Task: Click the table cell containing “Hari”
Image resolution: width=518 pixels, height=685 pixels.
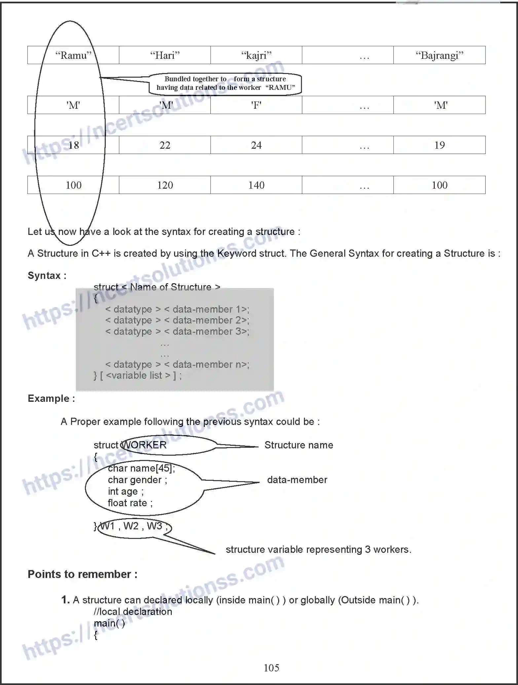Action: (165, 55)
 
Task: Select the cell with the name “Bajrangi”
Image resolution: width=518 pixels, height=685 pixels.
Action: (439, 55)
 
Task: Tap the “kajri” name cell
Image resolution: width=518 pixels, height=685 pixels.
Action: (256, 55)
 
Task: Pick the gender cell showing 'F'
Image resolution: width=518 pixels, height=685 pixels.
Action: (256, 105)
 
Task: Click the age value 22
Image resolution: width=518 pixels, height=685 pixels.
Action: (165, 145)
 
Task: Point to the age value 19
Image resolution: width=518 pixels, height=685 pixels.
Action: (439, 145)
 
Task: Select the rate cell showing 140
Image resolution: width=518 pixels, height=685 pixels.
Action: (256, 185)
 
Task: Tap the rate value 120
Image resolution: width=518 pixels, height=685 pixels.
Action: (165, 185)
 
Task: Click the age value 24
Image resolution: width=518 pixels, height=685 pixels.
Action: (256, 145)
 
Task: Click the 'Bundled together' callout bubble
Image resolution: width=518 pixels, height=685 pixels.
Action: (225, 83)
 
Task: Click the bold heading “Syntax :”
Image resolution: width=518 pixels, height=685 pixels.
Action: (47, 276)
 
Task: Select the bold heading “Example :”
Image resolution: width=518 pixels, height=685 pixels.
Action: (51, 399)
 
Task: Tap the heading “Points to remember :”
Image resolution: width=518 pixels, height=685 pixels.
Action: (82, 574)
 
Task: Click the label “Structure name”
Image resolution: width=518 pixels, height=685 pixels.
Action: (299, 445)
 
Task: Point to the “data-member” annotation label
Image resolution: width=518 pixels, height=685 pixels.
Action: (297, 480)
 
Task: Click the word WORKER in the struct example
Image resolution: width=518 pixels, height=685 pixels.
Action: (144, 445)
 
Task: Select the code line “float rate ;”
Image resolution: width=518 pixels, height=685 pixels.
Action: (130, 503)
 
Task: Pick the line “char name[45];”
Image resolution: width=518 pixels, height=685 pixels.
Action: (141, 468)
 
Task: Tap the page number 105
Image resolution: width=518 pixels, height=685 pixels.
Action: (271, 668)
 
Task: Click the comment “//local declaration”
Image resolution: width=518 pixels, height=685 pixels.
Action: (133, 612)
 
